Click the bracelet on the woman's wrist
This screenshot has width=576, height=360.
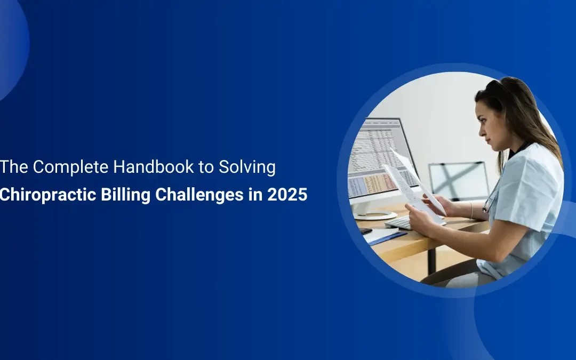(x=471, y=210)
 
